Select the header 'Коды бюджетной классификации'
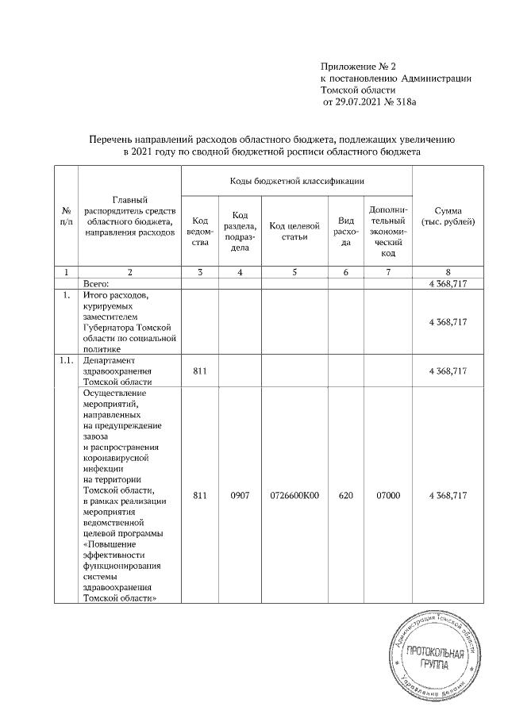point(297,181)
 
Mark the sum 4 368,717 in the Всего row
point(447,282)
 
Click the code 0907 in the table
point(240,496)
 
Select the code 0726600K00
point(294,496)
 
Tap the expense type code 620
point(345,496)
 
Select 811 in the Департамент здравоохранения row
point(199,371)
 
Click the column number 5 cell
point(294,272)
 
